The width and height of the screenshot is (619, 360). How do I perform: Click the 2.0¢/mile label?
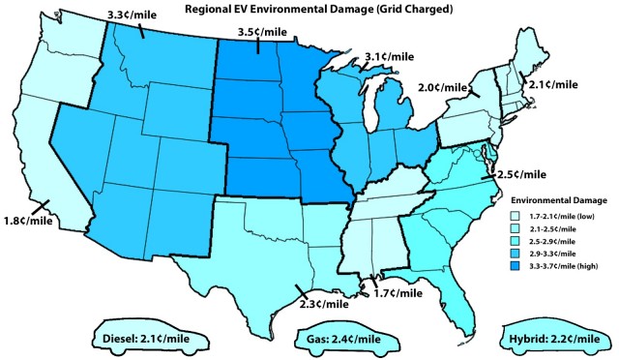(446, 89)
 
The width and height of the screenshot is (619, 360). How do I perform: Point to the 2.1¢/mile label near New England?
(552, 84)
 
